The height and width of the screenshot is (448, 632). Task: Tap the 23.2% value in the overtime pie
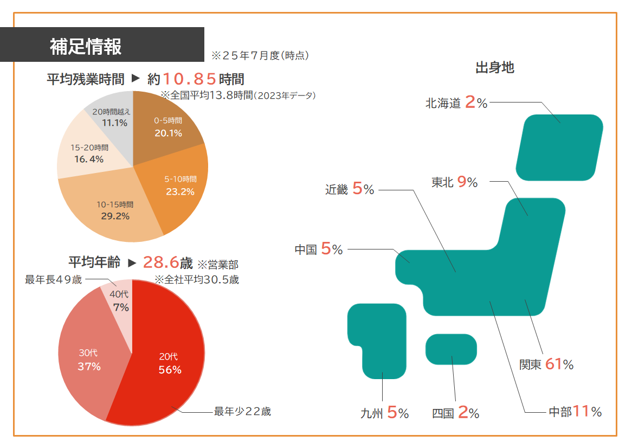pyautogui.click(x=180, y=191)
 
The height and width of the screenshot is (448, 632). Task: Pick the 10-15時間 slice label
pyautogui.click(x=115, y=205)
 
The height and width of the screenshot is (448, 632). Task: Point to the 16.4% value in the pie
pyautogui.click(x=89, y=159)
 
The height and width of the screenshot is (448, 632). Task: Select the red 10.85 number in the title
pyautogui.click(x=190, y=79)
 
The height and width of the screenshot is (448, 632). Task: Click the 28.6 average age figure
pyautogui.click(x=161, y=263)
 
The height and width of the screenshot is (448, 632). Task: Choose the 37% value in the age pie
pyautogui.click(x=89, y=366)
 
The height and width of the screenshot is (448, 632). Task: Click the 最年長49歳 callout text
pyautogui.click(x=54, y=280)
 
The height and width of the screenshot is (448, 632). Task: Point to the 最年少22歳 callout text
pyautogui.click(x=242, y=411)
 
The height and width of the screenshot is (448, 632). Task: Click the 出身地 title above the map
pyautogui.click(x=494, y=68)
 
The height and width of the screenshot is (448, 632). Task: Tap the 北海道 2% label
pyautogui.click(x=456, y=103)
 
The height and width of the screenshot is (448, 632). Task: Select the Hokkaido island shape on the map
pyautogui.click(x=559, y=148)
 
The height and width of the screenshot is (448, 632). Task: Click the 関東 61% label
pyautogui.click(x=546, y=364)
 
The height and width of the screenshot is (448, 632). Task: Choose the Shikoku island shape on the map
pyautogui.click(x=451, y=349)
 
